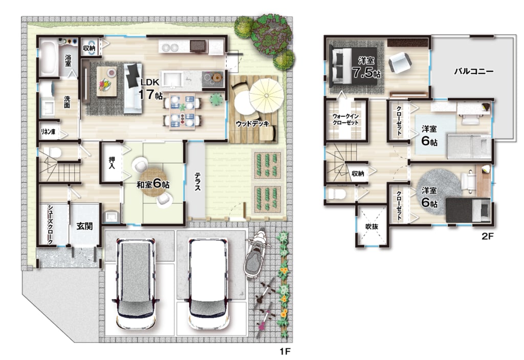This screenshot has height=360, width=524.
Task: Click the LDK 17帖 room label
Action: coord(151,89)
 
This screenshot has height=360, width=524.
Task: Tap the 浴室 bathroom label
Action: coord(68,60)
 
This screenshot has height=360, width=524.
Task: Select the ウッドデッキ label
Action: coord(252,124)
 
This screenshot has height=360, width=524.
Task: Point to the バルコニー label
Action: coord(473,71)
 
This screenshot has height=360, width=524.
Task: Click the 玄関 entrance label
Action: coord(84,226)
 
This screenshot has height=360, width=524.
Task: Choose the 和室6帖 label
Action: coord(152,184)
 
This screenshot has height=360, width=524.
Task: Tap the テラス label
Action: coord(198,181)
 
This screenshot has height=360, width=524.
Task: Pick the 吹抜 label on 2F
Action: coord(372,226)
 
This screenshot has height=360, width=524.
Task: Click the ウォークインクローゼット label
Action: coord(345,119)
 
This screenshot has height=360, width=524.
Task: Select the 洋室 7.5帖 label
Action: coord(366,67)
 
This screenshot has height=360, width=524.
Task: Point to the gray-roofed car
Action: coord(135,283)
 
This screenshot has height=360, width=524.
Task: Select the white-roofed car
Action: coord(208,283)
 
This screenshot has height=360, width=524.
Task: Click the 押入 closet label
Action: coord(112,163)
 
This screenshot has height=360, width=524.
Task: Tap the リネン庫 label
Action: coord(48,132)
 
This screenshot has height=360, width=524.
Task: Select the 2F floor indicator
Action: coord(487,236)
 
